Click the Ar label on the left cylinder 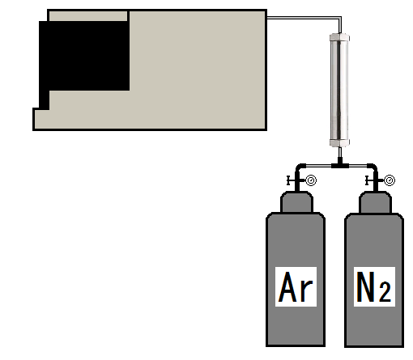(296, 286)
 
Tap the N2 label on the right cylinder (374, 286)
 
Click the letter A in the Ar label (287, 286)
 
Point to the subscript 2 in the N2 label (385, 291)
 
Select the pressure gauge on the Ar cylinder (311, 180)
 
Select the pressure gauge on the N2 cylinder (390, 180)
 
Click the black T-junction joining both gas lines (340, 164)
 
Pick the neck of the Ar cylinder (296, 202)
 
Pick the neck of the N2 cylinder (375, 202)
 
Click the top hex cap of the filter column (339, 37)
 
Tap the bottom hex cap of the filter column (339, 143)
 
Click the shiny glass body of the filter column (339, 90)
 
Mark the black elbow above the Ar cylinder (300, 167)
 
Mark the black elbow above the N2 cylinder (373, 167)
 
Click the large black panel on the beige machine (84, 56)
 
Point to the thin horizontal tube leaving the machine (304, 18)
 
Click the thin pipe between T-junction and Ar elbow (319, 166)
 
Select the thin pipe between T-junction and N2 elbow (358, 166)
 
